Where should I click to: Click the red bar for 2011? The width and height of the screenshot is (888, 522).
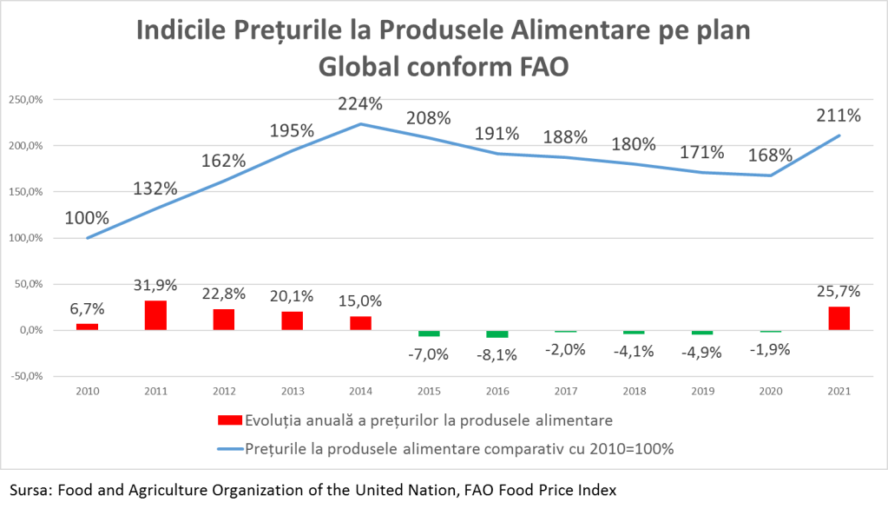coord(155,315)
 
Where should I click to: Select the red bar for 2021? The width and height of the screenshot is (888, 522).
coord(839,319)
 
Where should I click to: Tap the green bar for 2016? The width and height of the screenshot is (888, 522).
coord(497,334)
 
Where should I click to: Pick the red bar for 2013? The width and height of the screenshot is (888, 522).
coord(292,320)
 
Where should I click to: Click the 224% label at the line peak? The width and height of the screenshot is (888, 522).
coord(360,104)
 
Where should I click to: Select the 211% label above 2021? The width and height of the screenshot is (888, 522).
coord(839,115)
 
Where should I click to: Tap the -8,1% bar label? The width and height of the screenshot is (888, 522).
coord(498,354)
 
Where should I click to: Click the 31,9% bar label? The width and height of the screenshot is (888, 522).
coord(156,284)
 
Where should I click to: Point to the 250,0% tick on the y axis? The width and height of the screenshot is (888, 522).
coord(25,100)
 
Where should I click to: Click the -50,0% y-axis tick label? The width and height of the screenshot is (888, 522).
coord(25,376)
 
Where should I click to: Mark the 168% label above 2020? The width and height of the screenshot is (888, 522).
coord(771,155)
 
